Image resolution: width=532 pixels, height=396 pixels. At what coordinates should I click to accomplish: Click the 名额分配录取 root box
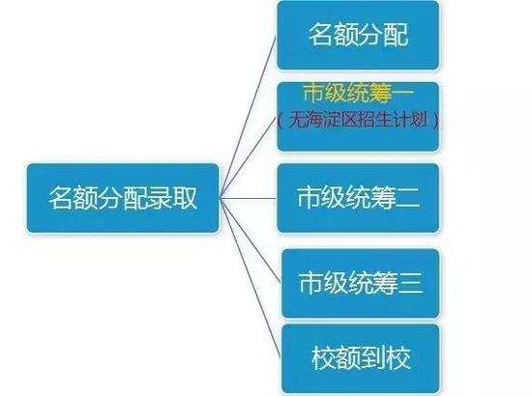pyautogui.click(x=123, y=198)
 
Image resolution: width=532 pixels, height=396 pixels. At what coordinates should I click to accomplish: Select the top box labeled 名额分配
pyautogui.click(x=358, y=35)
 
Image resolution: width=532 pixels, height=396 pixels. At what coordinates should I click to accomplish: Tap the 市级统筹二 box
pyautogui.click(x=358, y=198)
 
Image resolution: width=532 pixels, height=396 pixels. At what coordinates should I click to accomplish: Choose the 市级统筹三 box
pyautogui.click(x=361, y=283)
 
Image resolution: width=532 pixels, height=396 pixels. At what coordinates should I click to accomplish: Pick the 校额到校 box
pyautogui.click(x=361, y=358)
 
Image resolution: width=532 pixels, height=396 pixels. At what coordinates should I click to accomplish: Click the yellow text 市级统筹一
pyautogui.click(x=358, y=93)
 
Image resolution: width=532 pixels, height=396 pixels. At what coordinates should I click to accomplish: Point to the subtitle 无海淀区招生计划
pyautogui.click(x=358, y=120)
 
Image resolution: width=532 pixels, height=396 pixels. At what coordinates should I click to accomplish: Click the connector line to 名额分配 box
pyautogui.click(x=249, y=117)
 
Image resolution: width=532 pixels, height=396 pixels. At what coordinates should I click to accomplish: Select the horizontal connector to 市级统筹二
pyautogui.click(x=249, y=198)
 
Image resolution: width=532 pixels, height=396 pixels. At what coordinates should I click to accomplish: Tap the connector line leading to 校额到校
pyautogui.click(x=251, y=278)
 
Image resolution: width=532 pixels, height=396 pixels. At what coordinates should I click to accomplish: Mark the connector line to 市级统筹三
pyautogui.click(x=251, y=240)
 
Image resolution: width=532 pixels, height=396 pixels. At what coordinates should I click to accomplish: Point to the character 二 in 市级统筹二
pyautogui.click(x=408, y=197)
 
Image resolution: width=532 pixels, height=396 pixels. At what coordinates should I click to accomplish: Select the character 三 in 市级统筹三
pyautogui.click(x=410, y=283)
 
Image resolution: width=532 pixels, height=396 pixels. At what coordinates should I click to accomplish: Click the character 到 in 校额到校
pyautogui.click(x=373, y=358)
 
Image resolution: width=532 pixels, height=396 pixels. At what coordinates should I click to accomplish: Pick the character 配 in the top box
pyautogui.click(x=396, y=34)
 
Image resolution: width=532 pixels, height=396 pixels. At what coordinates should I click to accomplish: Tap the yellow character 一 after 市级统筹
pyautogui.click(x=403, y=93)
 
